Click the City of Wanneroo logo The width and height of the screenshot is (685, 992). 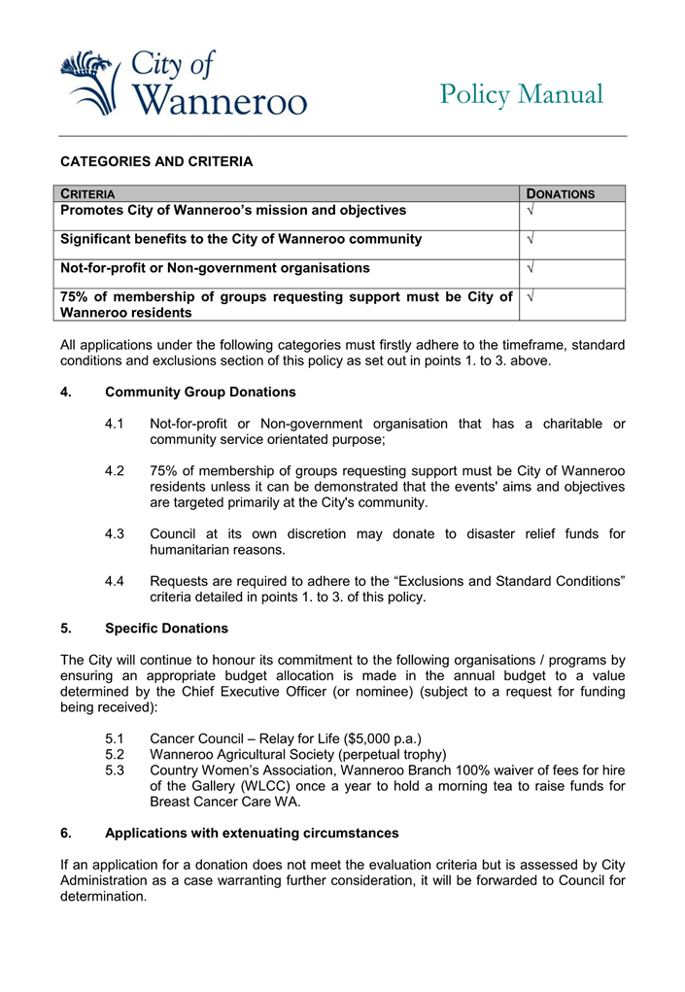click(183, 84)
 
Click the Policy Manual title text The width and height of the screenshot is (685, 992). click(521, 95)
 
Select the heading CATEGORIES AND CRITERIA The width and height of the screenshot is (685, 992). click(156, 161)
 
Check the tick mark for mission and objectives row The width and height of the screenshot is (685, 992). click(530, 211)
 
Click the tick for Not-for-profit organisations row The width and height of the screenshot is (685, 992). click(530, 268)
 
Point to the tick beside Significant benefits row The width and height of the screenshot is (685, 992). click(530, 239)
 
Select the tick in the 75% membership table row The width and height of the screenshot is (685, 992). click(530, 296)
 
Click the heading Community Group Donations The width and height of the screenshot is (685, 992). click(200, 393)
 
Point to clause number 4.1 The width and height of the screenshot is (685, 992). click(115, 424)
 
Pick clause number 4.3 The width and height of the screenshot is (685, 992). click(115, 534)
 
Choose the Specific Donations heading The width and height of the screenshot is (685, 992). click(166, 629)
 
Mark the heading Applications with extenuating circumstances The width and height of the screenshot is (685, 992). click(252, 833)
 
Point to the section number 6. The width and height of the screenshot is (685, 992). click(66, 833)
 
